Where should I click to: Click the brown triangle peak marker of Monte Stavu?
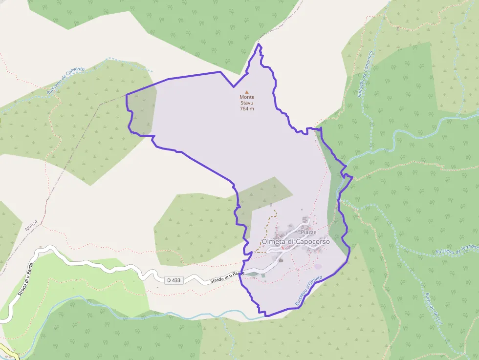(247, 92)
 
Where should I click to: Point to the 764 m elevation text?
(247, 108)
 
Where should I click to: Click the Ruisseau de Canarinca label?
(365, 74)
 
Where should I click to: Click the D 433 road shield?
(174, 280)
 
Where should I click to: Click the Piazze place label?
(309, 232)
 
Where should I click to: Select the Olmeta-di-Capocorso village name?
(296, 241)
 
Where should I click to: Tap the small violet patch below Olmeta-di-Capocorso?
(319, 266)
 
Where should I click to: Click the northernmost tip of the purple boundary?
(259, 44)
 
